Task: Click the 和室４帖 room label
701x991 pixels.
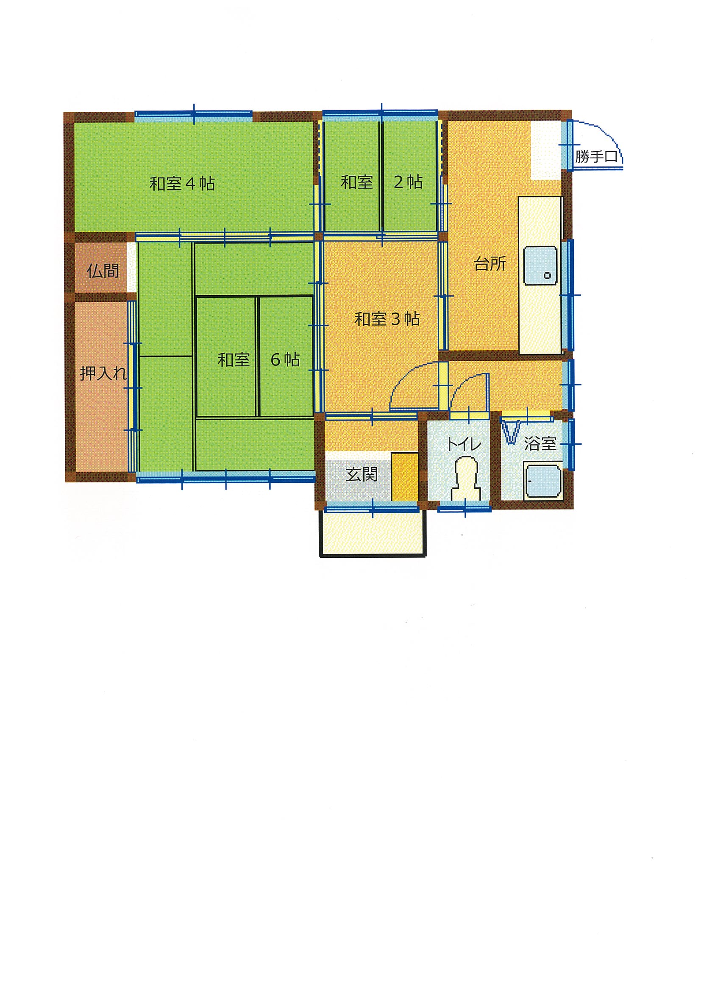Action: tap(182, 184)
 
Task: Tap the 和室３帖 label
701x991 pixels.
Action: tap(387, 319)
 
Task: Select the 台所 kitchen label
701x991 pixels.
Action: tap(490, 264)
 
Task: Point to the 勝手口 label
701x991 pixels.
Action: tap(596, 157)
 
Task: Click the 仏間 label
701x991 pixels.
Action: tap(103, 271)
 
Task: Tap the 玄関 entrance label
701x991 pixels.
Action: tap(362, 474)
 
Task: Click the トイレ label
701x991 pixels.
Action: tap(463, 444)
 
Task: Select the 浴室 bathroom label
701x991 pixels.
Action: tap(540, 443)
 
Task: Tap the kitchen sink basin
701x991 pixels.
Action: tap(540, 266)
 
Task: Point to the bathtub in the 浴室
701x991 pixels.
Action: tap(543, 480)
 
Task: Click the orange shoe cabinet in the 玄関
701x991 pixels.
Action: tap(405, 476)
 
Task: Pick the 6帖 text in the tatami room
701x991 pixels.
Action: tap(285, 360)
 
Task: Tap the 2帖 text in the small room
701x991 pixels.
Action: tap(408, 182)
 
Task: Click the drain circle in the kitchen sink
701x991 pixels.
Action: tap(547, 275)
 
